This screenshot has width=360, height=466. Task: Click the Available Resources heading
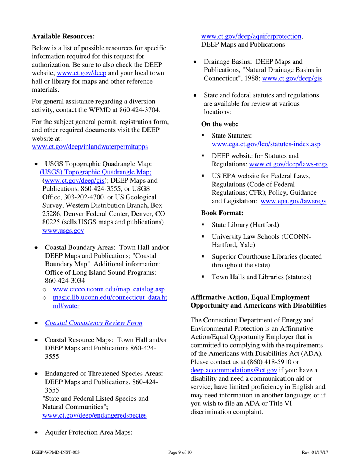point(63,37)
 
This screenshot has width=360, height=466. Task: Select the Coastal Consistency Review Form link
point(94,323)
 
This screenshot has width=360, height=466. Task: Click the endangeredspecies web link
point(94,415)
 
